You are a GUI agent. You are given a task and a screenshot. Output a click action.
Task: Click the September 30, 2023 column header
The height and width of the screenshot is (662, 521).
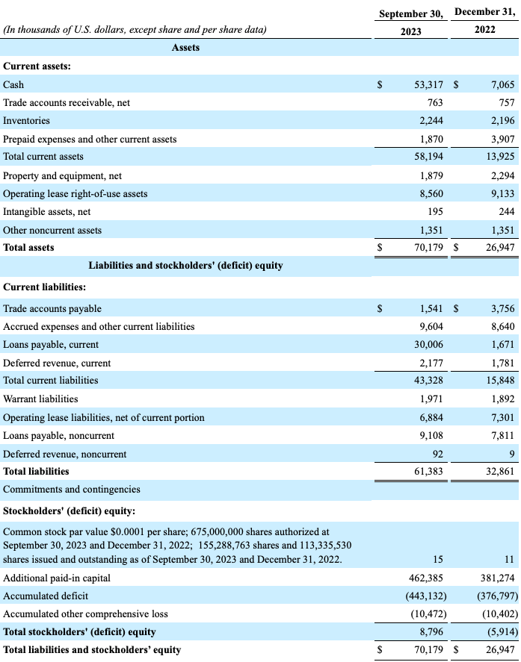click(x=410, y=22)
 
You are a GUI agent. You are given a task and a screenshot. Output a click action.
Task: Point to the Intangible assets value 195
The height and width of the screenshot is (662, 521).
click(x=434, y=212)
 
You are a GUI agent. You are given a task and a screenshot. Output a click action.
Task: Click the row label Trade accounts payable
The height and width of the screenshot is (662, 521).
click(x=52, y=308)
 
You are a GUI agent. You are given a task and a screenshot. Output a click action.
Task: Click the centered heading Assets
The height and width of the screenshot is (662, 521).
click(x=185, y=48)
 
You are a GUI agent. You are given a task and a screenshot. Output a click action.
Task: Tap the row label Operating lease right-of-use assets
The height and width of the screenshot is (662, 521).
click(x=75, y=194)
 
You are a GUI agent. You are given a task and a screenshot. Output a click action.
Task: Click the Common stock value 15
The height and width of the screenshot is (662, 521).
click(x=438, y=560)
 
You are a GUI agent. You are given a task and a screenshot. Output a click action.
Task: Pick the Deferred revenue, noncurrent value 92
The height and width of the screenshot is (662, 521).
click(x=437, y=454)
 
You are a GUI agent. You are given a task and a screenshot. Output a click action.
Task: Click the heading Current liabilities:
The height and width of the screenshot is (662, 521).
click(x=44, y=287)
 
